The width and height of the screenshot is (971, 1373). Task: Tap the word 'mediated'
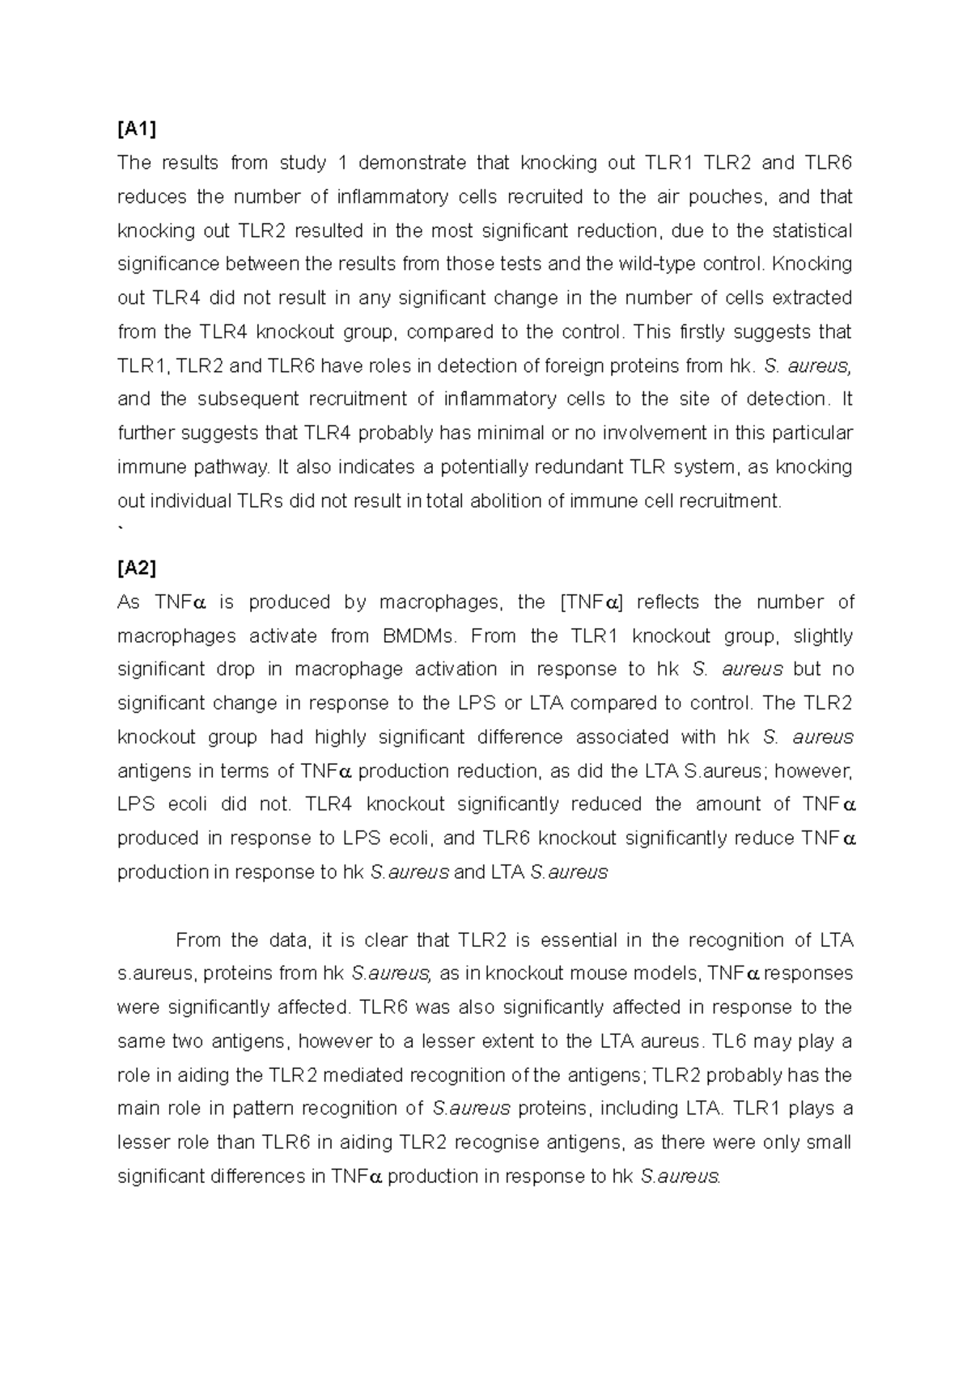(x=356, y=1075)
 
